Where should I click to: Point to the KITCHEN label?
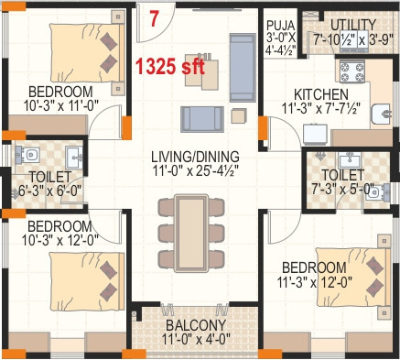[x=321, y=95]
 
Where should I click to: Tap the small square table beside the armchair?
[x=238, y=115]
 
